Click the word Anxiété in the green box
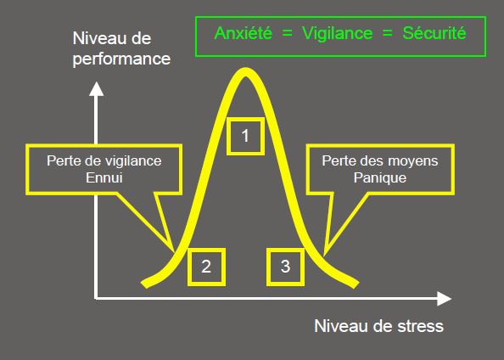(x=244, y=33)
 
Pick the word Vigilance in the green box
(x=338, y=33)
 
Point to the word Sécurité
(x=434, y=33)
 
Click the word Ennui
(x=104, y=177)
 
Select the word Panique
(x=380, y=177)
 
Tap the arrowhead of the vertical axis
(x=96, y=88)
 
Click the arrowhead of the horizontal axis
(x=445, y=299)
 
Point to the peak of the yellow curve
(x=245, y=72)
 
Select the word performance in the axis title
(x=121, y=59)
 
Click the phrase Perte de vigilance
(x=104, y=160)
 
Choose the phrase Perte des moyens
(x=380, y=160)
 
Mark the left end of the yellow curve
(x=144, y=284)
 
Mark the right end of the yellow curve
(x=356, y=284)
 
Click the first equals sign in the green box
(x=288, y=33)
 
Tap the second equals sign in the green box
(x=388, y=33)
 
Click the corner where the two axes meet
(x=96, y=299)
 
